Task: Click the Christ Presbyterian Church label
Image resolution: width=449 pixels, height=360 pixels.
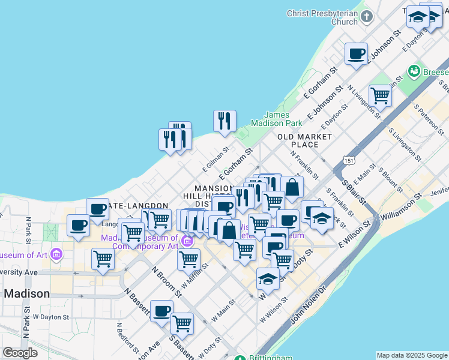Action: pos(322,17)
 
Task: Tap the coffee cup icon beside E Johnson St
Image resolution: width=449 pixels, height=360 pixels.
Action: pos(357,53)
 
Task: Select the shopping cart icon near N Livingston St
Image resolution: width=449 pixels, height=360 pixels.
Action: pos(380,94)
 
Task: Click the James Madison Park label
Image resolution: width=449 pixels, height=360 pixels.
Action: pos(284,119)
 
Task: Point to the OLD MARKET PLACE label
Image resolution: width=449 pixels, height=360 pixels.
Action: pos(305,140)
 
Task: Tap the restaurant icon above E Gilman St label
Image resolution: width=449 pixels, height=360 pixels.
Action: pos(225,121)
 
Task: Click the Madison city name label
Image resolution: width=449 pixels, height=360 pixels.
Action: pos(26,293)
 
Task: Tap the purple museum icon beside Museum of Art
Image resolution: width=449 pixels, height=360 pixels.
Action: pos(56,254)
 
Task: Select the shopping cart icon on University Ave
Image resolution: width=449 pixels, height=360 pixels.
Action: pos(103,259)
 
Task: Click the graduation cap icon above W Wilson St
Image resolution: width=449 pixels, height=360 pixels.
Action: pos(268,278)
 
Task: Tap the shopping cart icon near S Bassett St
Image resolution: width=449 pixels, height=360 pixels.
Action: pos(182,323)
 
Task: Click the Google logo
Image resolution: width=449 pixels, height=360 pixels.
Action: pos(20,353)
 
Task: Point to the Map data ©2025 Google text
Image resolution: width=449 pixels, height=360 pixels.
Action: pos(411,355)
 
